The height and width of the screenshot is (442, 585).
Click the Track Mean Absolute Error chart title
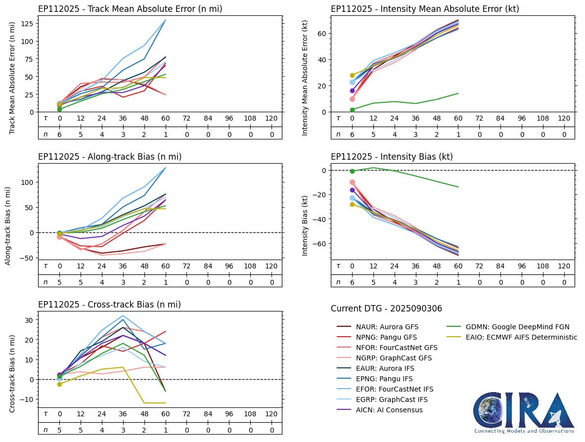[130, 9]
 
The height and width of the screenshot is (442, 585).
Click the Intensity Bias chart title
[392, 157]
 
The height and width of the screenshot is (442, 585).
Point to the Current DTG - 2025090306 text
[386, 309]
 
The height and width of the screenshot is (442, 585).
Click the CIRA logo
[524, 411]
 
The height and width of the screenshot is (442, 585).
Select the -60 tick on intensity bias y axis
[322, 244]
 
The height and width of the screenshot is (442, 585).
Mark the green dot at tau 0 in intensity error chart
[352, 110]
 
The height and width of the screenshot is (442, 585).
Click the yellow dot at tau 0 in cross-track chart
[60, 384]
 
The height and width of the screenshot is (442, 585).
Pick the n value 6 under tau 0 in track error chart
[60, 134]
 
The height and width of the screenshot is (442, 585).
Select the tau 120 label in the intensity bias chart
[564, 266]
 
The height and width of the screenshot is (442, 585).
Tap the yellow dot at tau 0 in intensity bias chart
[352, 204]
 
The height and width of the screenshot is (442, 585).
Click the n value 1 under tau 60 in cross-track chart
[166, 430]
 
